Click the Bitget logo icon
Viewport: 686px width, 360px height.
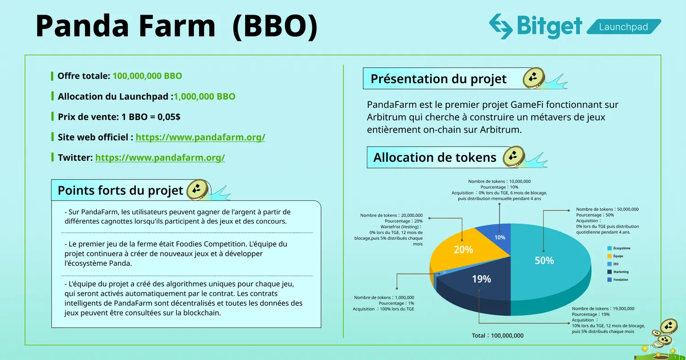500,26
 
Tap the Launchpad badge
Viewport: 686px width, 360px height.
623,27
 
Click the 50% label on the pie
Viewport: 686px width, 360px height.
544,260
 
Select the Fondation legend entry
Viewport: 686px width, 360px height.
620,280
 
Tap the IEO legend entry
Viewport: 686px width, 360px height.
616,264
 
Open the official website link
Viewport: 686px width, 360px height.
200,137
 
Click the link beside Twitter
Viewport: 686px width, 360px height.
160,157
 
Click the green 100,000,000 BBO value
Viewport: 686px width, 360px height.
147,76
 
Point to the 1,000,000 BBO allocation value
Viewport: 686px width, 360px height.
204,96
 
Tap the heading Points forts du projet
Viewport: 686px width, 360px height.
120,190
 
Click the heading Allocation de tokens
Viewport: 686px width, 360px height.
434,157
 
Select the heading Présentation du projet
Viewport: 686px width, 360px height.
438,79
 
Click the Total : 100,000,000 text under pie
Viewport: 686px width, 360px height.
498,336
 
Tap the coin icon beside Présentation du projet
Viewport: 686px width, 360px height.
534,78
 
